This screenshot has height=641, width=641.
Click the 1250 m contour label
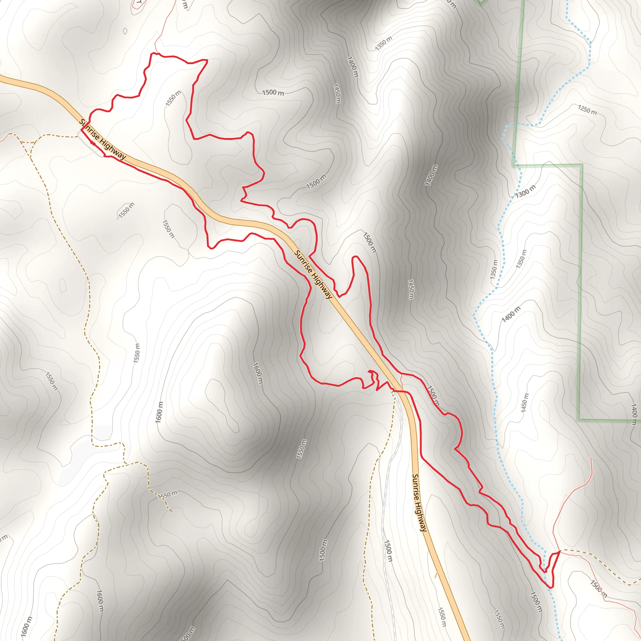pyautogui.click(x=587, y=110)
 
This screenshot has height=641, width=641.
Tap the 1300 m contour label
pyautogui.click(x=525, y=192)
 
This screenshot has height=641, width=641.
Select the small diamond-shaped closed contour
pyautogui.click(x=125, y=31)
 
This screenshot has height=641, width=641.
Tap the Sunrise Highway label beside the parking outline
pyautogui.click(x=103, y=139)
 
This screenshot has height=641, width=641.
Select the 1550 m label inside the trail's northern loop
pyautogui.click(x=173, y=98)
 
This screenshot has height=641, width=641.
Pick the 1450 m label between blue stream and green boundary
pyautogui.click(x=524, y=403)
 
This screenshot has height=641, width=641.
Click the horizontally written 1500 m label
pyautogui.click(x=273, y=93)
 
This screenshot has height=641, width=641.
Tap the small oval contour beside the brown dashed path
pyautogui.click(x=63, y=285)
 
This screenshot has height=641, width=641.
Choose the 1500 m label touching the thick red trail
pyautogui.click(x=433, y=396)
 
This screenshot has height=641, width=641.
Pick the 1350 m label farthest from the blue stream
pyautogui.click(x=383, y=43)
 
